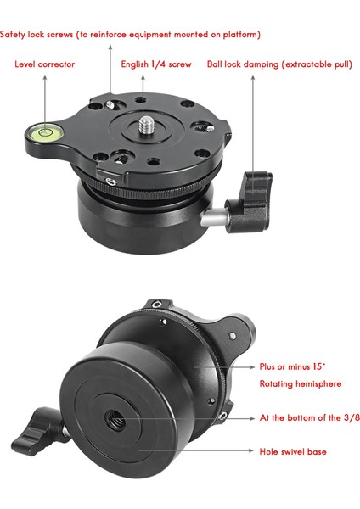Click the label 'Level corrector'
45,64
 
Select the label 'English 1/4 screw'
155,64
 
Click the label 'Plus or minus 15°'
292,367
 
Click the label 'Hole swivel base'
292,451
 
